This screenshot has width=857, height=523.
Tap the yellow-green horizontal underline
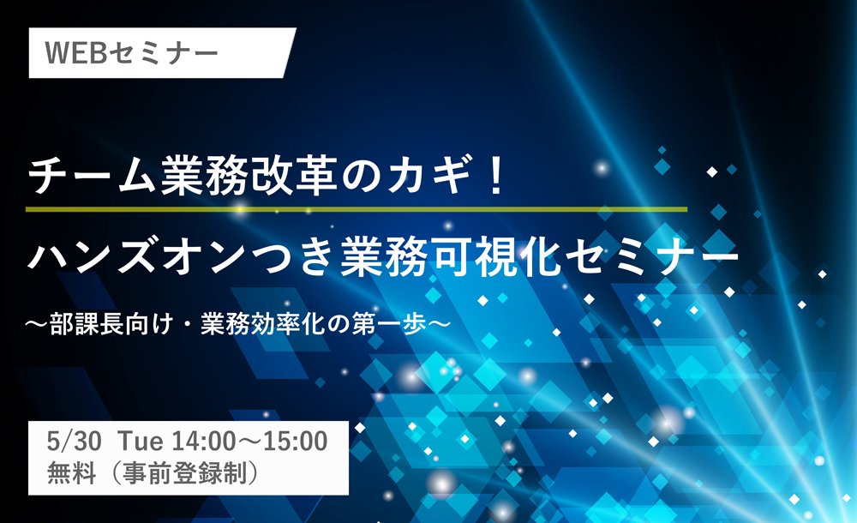click(x=357, y=209)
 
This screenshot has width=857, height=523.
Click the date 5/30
click(x=74, y=441)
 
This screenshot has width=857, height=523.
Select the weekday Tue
click(x=140, y=441)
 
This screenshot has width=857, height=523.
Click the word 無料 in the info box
click(x=72, y=472)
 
